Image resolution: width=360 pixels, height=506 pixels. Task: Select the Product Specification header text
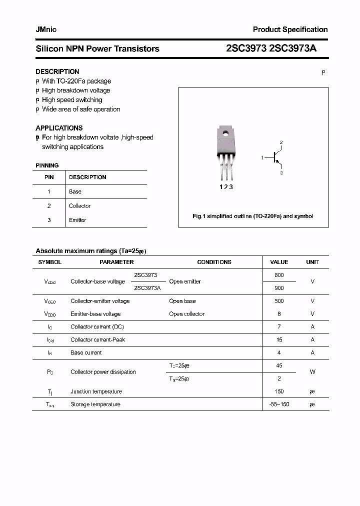290,29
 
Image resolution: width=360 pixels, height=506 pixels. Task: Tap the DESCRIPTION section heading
57,71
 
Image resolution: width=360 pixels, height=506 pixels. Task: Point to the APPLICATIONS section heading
59,128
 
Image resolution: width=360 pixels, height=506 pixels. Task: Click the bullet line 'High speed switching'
71,100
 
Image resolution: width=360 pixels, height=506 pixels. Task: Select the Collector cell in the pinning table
79,206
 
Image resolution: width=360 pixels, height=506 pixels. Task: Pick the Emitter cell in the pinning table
77,220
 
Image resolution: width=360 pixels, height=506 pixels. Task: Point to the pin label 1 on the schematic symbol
262,158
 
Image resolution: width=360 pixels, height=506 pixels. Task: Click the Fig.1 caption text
253,216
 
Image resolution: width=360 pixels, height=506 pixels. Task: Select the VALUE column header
279,262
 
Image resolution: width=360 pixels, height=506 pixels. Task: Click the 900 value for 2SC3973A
279,288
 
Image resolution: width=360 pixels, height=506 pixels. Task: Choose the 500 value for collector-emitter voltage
279,301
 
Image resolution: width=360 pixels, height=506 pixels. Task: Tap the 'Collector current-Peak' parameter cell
97,339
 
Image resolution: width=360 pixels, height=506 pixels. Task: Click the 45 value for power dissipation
279,365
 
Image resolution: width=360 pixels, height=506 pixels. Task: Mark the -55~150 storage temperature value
279,404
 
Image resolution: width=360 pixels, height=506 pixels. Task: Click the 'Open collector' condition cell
186,314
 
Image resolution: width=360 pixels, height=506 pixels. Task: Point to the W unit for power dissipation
312,372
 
